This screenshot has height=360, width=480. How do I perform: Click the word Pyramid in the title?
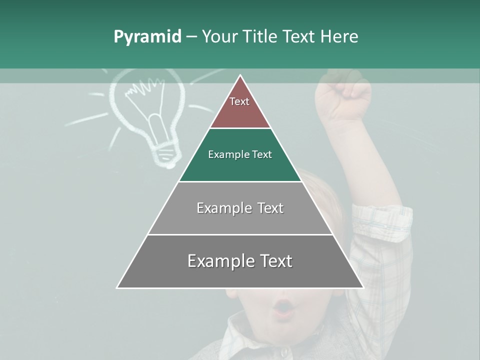pyautogui.click(x=147, y=37)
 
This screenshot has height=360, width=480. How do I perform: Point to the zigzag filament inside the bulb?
pyautogui.click(x=141, y=90)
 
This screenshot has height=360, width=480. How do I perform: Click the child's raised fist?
pyautogui.click(x=345, y=95)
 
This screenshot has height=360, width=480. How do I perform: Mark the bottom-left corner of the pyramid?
pyautogui.click(x=117, y=288)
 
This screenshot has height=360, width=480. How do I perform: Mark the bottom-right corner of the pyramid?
pyautogui.click(x=363, y=288)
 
